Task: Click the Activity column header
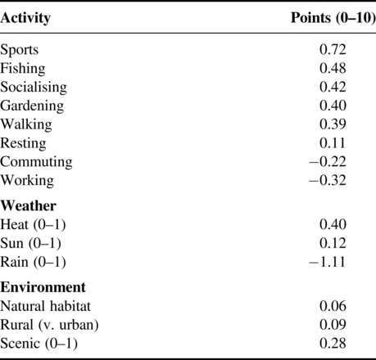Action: point(25,19)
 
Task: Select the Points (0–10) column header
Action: point(333,18)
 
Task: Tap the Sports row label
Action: point(20,50)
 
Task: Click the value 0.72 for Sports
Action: point(333,49)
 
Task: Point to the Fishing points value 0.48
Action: point(333,68)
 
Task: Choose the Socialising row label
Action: point(34,88)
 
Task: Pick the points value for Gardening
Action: point(333,106)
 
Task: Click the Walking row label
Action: point(26,124)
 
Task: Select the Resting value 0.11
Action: point(333,142)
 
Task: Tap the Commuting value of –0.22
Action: point(328,161)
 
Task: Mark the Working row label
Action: point(27,181)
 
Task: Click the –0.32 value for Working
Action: point(328,180)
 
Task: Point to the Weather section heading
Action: point(28,205)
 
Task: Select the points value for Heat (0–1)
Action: point(333,224)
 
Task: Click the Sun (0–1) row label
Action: point(30,243)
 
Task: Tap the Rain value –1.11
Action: point(328,262)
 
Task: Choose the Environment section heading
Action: point(43,287)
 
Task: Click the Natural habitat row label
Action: point(45,306)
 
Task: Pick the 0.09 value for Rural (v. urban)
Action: point(333,325)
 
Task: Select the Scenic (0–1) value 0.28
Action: point(333,344)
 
